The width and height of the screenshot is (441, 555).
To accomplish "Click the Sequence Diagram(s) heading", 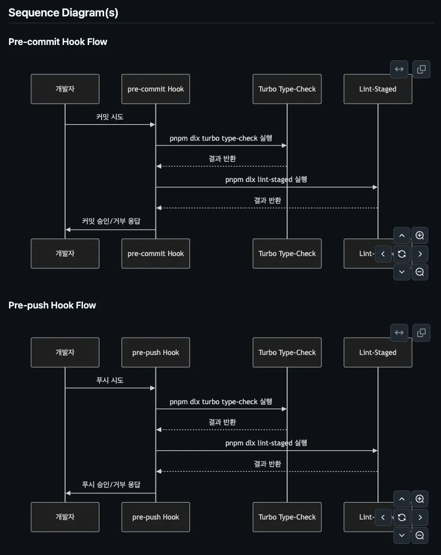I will (63, 13).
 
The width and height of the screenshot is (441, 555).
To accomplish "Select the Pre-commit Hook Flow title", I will (58, 42).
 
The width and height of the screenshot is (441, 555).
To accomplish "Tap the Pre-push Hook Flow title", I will (52, 305).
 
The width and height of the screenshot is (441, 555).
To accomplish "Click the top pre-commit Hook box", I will (155, 89).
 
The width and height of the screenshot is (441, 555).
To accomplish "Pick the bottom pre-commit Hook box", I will (155, 253).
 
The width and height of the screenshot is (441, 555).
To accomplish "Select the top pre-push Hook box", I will (155, 352).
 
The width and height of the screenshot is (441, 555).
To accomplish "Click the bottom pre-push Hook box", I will (155, 517).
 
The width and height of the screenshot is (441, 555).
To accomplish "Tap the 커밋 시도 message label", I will (110, 117).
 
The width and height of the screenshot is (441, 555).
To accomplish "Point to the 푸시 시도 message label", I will (110, 380).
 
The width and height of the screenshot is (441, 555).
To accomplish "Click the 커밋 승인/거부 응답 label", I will (111, 221).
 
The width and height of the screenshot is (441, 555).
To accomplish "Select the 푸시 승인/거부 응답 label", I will (111, 485).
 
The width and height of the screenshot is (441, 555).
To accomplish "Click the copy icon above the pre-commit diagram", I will (421, 69).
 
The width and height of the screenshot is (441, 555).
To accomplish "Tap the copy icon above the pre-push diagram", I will (421, 333).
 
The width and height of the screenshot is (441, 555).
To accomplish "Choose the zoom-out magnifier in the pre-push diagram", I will (420, 535).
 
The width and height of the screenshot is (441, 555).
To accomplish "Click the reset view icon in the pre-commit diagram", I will (402, 254).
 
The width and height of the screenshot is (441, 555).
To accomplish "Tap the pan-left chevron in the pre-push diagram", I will (383, 517).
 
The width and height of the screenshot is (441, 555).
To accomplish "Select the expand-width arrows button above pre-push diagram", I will (399, 333).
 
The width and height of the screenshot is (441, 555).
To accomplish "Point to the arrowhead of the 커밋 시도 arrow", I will (153, 125).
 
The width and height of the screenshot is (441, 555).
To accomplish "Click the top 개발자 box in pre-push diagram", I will (65, 352).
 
